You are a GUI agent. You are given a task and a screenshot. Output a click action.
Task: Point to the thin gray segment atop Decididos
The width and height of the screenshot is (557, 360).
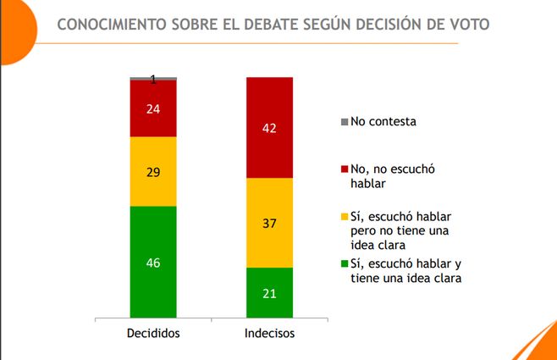tap(153, 78)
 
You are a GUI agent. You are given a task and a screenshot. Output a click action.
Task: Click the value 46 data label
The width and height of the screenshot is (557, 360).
tap(153, 263)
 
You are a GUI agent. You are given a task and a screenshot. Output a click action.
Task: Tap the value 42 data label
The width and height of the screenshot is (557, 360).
tap(269, 128)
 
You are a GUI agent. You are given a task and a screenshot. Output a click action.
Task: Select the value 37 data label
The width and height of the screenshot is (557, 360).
tap(269, 224)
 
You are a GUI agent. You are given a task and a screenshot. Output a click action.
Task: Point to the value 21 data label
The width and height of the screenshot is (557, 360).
tap(269, 293)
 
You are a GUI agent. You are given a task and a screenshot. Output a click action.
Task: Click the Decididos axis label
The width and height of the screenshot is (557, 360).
tap(153, 333)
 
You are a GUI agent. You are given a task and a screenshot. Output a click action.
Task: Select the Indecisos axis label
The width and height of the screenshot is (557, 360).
tap(269, 333)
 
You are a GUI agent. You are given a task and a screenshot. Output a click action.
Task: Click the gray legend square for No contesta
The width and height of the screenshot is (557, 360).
tap(344, 122)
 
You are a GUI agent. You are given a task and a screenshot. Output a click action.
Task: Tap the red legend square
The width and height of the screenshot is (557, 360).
tap(344, 169)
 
